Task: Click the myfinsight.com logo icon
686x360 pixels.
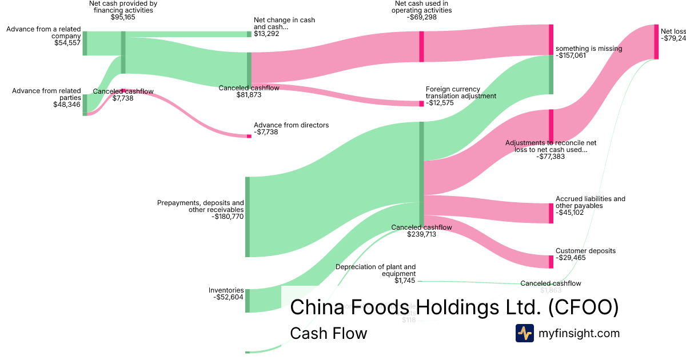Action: pos(525,333)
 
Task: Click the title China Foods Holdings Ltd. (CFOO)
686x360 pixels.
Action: pos(454,307)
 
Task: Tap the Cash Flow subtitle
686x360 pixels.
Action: pos(328,333)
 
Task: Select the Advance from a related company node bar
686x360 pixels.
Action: pos(85,43)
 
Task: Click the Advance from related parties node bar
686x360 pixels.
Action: pos(85,105)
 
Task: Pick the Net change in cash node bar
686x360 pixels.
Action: pos(249,34)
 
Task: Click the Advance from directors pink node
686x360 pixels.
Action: pos(249,136)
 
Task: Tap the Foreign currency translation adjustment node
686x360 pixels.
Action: pos(421,103)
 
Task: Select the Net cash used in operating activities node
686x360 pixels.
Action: pos(421,46)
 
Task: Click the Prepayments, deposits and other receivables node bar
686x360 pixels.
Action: pos(248,217)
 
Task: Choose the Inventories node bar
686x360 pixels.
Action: pos(248,301)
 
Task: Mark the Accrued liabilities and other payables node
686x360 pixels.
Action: pos(551,213)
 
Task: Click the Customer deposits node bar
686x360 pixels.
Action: pos(551,262)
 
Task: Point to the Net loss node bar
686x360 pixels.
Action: pos(656,42)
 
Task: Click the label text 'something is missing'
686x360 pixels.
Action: pos(589,49)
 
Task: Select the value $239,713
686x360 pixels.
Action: pos(421,234)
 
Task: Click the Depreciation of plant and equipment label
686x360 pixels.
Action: pos(376,270)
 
